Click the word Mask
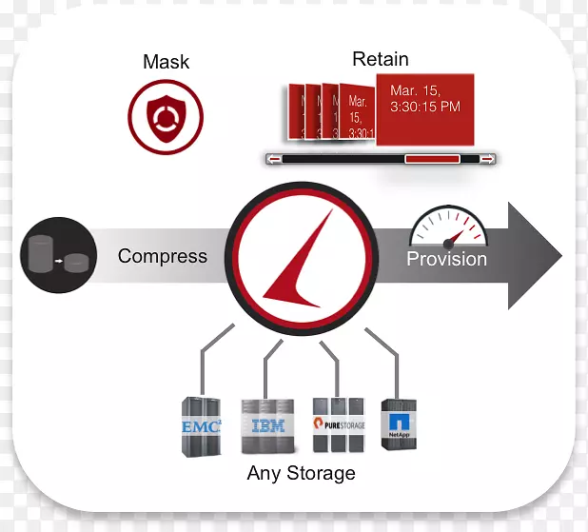[x=166, y=63]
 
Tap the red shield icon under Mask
[x=167, y=117]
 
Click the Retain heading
[x=381, y=59]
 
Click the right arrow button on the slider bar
[x=487, y=159]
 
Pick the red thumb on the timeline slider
[x=432, y=159]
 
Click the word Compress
[x=163, y=256]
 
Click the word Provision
[x=446, y=259]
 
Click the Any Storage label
[x=301, y=473]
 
